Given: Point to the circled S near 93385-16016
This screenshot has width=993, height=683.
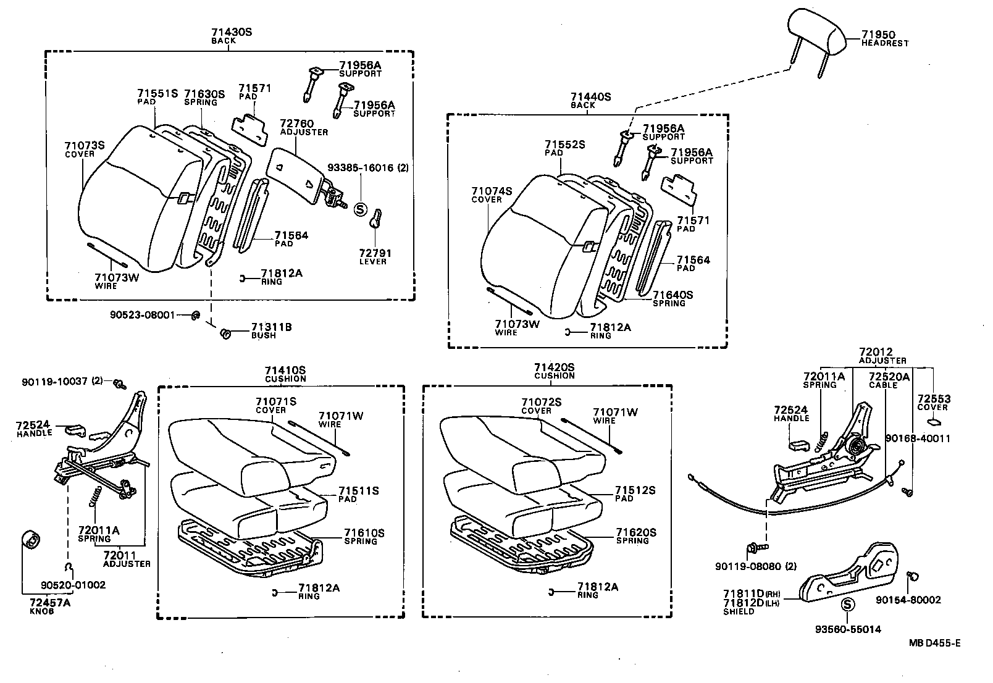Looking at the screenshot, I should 361,209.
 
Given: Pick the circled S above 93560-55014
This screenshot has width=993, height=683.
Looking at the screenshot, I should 847,605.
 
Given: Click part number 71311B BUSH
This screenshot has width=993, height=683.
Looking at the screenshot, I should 271,330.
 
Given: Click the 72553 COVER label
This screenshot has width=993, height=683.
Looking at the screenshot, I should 933,403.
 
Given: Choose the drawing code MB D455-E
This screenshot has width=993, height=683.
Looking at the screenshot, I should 934,643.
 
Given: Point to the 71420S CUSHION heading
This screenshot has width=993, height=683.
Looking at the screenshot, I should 554,371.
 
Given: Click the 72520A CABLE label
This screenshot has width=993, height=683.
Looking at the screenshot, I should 889,380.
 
